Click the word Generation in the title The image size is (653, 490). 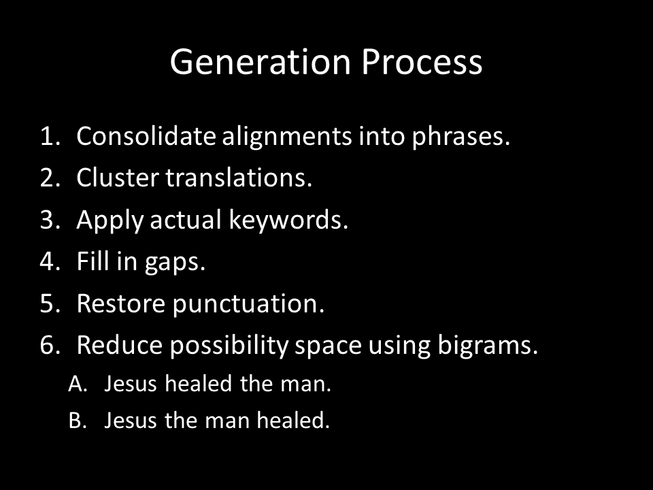click(261, 62)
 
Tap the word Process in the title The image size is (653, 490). click(422, 62)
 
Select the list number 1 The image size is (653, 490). click(50, 136)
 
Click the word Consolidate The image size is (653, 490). click(146, 136)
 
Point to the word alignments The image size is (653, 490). click(287, 137)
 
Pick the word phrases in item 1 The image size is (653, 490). click(461, 137)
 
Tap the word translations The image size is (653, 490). click(239, 178)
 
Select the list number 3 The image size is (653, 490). click(50, 220)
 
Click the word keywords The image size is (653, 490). click(288, 220)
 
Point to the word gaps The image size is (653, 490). click(175, 263)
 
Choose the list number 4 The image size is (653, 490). click(50, 261)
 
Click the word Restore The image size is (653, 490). click(121, 304)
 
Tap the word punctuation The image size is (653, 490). click(248, 304)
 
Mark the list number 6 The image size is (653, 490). click(50, 346)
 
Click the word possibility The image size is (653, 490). click(229, 346)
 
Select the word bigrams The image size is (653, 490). click(488, 346)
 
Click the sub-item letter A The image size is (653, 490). click(78, 383)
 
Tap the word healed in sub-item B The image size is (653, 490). click(292, 420)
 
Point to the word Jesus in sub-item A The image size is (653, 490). click(131, 384)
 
